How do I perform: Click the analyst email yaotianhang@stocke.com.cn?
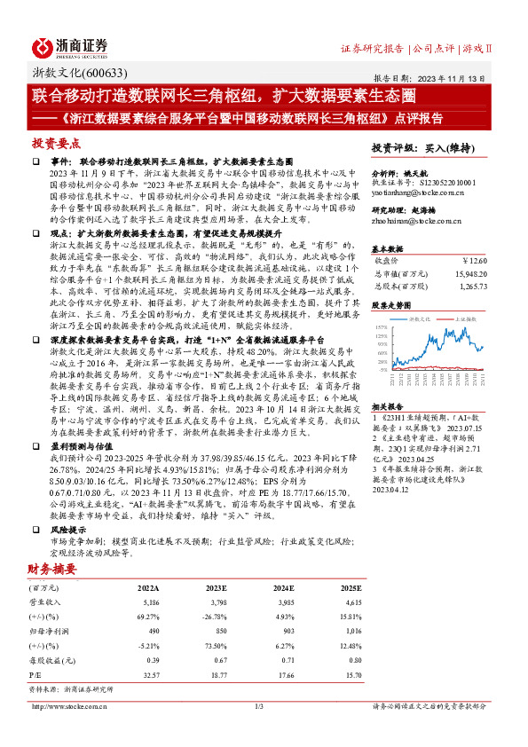click(x=412, y=192)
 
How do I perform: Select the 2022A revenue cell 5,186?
click(x=148, y=602)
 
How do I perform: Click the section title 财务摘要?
click(x=51, y=568)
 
